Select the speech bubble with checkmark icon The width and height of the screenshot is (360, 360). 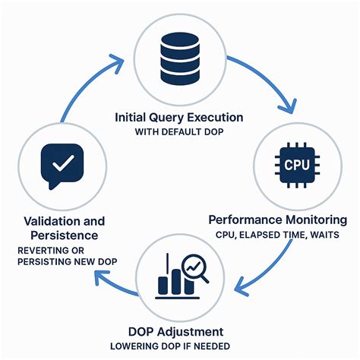pyautogui.click(x=62, y=165)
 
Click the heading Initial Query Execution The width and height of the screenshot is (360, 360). pyautogui.click(x=179, y=118)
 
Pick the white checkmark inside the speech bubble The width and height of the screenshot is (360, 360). pyautogui.click(x=62, y=162)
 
